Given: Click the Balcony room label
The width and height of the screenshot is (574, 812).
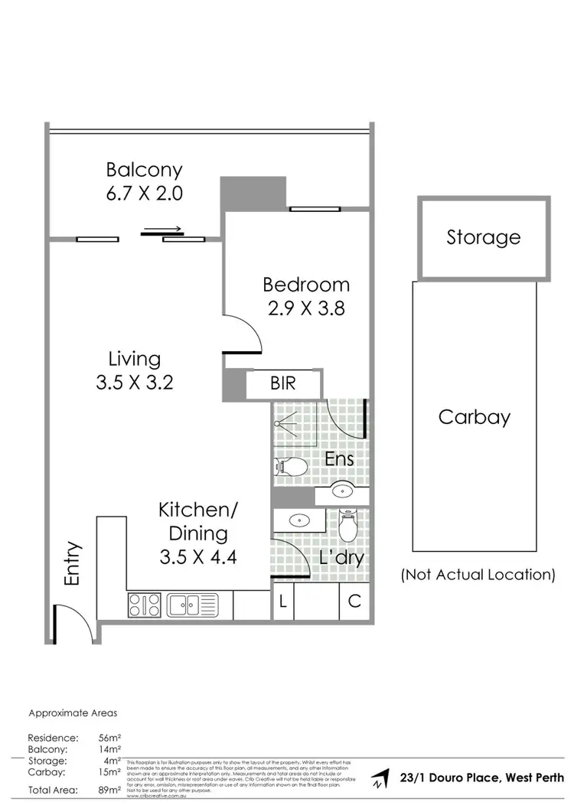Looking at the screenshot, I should (x=144, y=169).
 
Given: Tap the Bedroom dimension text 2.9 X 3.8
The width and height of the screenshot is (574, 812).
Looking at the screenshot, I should (x=306, y=308).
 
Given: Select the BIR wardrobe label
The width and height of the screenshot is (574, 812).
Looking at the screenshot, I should (x=282, y=383).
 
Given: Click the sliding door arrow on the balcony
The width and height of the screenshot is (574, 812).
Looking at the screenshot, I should (x=162, y=228).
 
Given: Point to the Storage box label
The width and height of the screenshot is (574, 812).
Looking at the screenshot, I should (x=483, y=238).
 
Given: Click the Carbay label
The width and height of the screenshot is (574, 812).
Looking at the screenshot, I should (x=474, y=417).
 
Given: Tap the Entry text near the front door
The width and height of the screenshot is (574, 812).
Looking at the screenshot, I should (x=73, y=564).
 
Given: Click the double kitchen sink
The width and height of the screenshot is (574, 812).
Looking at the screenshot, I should (x=192, y=605).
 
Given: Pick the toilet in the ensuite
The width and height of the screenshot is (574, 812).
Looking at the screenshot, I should (x=291, y=465).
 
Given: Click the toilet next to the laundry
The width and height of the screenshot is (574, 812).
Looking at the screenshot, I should (x=348, y=527).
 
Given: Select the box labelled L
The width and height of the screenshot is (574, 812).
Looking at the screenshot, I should (x=282, y=602).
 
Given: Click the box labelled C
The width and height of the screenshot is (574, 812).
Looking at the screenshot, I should (x=354, y=602).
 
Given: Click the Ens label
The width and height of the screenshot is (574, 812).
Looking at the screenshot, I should (x=339, y=459).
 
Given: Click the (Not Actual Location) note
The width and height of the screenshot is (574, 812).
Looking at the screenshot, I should (x=478, y=575).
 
